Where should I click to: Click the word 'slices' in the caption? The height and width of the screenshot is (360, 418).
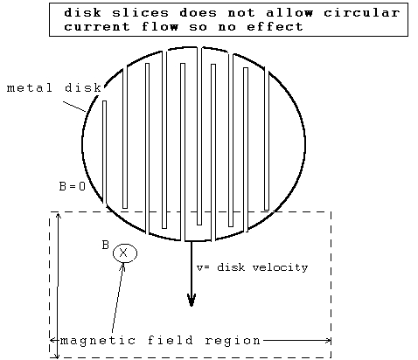[140, 13]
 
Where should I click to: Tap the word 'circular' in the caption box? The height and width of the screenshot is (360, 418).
[362, 13]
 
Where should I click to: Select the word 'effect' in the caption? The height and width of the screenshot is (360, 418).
[275, 27]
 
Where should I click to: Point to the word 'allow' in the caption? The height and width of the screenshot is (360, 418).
[289, 13]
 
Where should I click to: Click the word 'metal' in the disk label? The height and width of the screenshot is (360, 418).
[30, 87]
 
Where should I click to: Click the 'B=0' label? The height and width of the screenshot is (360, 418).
[73, 186]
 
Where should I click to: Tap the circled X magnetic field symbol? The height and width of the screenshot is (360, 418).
[125, 253]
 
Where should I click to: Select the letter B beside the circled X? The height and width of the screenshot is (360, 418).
[106, 246]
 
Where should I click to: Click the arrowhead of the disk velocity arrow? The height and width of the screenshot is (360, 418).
[192, 300]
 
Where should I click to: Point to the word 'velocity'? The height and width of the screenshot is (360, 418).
[280, 267]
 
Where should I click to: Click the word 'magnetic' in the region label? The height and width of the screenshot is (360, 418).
[98, 341]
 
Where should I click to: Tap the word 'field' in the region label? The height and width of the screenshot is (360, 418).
[171, 340]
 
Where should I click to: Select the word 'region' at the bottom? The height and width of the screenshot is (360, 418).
[233, 341]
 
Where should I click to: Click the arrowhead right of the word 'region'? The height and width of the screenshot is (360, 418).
[328, 340]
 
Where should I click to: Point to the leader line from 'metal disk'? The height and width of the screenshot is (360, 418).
[75, 107]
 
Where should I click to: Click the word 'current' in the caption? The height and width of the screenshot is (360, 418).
[97, 27]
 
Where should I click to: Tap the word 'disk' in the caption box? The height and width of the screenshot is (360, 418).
[83, 13]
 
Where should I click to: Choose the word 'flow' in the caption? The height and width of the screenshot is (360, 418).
[160, 27]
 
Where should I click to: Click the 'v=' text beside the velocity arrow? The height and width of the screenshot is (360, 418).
[203, 267]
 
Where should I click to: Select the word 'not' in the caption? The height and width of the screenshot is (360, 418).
[241, 13]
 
